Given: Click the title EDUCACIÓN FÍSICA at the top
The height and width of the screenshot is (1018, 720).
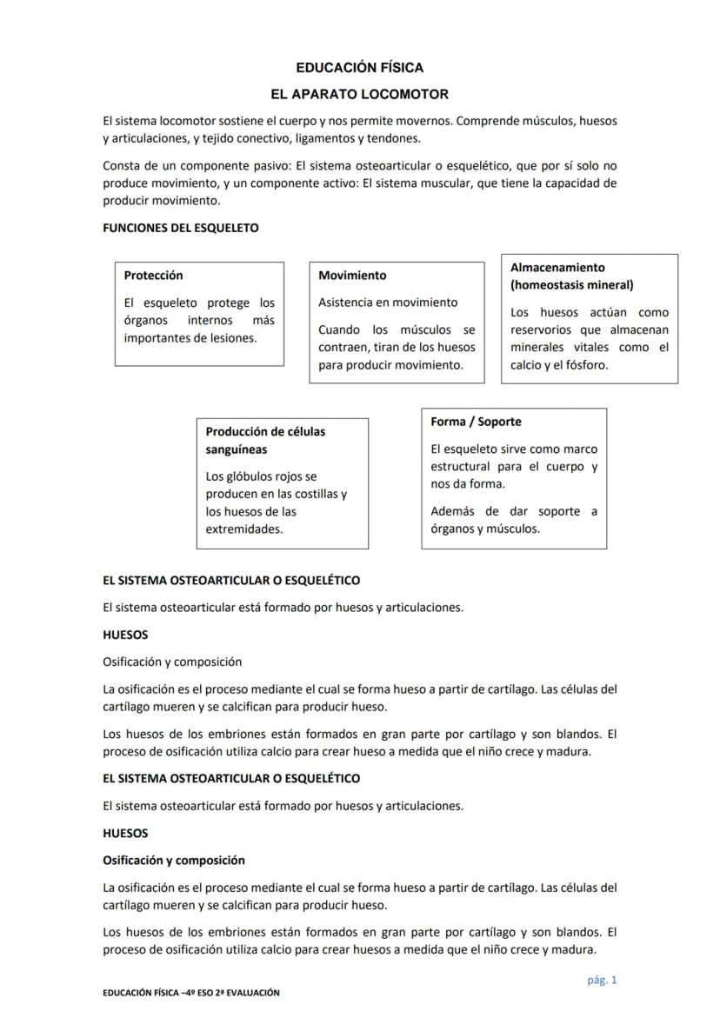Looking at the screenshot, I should (359, 67).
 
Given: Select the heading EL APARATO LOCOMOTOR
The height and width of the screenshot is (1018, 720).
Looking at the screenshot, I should (359, 94).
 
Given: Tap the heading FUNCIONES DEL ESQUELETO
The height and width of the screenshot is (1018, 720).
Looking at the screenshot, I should (180, 228).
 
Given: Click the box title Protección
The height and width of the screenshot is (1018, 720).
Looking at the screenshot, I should (153, 275).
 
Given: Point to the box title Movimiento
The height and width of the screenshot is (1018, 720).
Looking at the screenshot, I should (352, 275).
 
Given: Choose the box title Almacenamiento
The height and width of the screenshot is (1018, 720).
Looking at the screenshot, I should (557, 267).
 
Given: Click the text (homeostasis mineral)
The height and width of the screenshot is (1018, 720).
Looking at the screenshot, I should (571, 284).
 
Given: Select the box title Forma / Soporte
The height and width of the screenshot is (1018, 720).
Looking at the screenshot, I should (476, 421).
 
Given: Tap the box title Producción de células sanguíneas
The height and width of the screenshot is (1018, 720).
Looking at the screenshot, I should (265, 440).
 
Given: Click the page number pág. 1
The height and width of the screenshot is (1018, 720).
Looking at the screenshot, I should (602, 980).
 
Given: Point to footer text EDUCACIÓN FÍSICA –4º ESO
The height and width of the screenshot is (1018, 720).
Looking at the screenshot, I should (165, 992).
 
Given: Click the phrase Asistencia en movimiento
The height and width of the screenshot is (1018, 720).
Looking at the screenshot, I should (387, 303).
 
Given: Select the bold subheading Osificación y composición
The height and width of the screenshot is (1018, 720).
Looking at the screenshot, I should (173, 860).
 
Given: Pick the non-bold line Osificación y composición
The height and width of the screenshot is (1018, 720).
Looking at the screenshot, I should (171, 662).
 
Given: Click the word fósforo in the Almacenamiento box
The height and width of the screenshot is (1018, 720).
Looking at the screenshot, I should (584, 365).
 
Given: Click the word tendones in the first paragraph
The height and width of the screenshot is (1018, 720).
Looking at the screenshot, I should (396, 138).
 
